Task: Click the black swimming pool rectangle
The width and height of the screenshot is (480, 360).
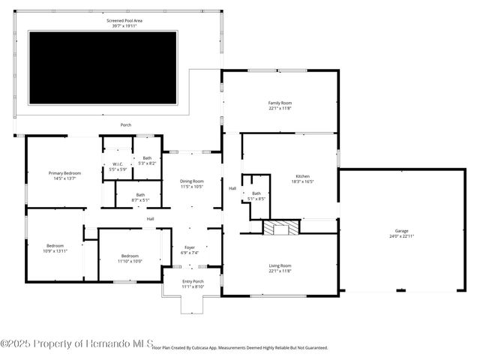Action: click(103, 67)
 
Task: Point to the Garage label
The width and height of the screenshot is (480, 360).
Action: click(402, 230)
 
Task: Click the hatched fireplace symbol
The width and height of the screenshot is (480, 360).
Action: click(280, 228)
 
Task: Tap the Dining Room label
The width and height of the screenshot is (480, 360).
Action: click(192, 183)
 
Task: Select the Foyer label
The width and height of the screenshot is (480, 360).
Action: click(189, 247)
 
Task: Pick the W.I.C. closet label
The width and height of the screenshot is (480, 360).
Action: click(118, 163)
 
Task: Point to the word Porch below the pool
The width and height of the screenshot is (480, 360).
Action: click(126, 124)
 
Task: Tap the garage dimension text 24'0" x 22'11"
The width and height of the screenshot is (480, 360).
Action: click(402, 236)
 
